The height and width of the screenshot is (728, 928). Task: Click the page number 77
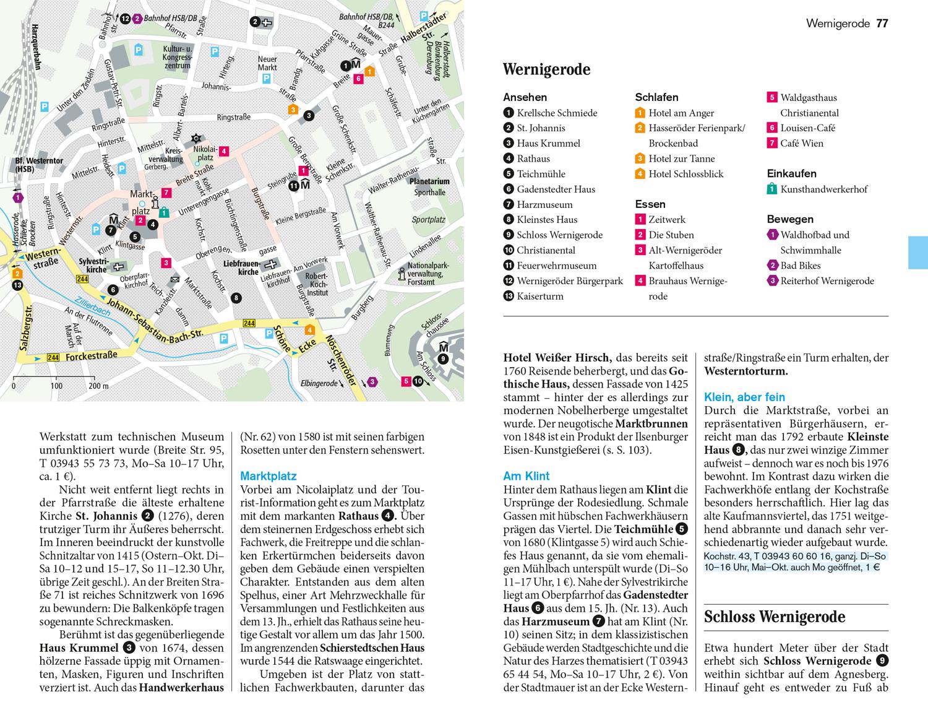tap(882, 24)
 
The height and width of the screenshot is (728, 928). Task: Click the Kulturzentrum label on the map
tap(177, 57)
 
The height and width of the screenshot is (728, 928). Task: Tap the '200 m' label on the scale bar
tap(98, 386)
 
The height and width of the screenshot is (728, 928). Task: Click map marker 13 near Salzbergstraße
tap(17, 285)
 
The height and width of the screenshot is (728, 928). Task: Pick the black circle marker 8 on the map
tap(236, 298)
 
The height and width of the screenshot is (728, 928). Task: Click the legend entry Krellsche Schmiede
tap(557, 113)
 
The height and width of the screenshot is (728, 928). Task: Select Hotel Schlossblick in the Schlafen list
tap(685, 174)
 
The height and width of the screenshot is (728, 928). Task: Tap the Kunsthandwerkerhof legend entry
tap(823, 189)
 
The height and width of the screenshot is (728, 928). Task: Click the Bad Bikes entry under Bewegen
tap(801, 266)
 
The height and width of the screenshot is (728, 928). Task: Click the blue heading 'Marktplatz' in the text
tap(268, 476)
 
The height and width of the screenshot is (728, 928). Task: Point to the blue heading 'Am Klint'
tap(526, 476)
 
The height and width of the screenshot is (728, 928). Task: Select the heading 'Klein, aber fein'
tap(744, 397)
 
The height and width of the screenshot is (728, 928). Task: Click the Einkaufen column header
tap(791, 174)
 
